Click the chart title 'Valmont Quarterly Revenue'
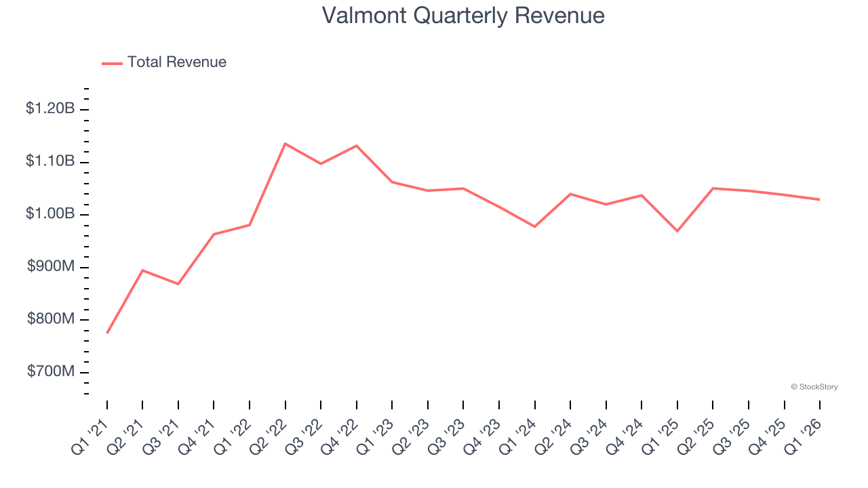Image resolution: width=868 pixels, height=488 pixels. coord(463,15)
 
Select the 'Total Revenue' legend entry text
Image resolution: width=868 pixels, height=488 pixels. coord(176,62)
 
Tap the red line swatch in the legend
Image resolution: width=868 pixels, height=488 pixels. coord(112,63)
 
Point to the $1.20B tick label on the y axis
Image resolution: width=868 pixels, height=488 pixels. coord(50,108)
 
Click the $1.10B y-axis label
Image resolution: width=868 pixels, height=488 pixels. coord(50,161)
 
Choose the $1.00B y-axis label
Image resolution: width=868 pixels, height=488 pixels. coord(50,214)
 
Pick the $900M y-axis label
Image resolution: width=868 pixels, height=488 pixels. coord(51,267)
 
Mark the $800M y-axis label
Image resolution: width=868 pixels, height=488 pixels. coord(51,319)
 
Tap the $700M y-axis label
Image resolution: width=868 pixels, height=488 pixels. coord(51,372)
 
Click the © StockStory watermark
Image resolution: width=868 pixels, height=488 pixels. coord(814,387)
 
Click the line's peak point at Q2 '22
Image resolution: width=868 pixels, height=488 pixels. coord(285,144)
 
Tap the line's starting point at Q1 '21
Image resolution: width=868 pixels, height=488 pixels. coord(107,333)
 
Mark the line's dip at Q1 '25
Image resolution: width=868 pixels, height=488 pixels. coord(677,231)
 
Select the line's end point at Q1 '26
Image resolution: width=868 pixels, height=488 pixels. coord(820,199)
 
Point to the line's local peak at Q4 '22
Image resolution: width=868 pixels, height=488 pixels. coord(357,146)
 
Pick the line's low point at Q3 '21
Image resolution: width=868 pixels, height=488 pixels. coord(178,284)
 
